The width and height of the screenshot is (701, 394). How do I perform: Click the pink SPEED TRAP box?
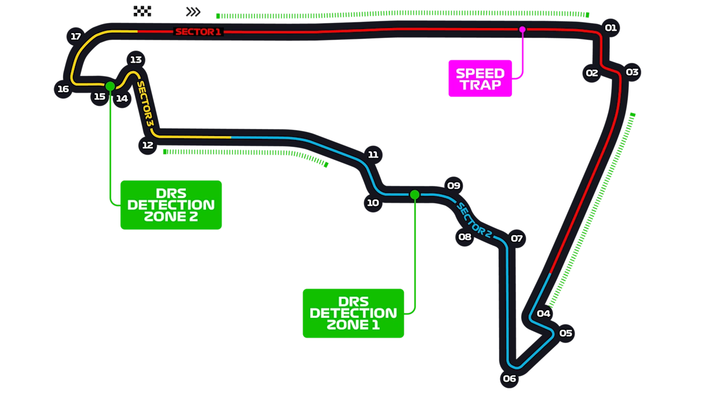480,79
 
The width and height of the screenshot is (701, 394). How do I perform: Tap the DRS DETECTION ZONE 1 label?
353,313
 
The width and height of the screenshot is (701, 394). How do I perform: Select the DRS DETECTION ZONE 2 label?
171,205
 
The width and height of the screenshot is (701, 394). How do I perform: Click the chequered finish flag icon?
141,11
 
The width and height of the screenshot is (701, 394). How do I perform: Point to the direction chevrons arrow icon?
193,11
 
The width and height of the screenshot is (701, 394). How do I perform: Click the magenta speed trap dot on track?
522,29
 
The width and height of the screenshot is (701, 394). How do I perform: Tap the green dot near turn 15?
110,86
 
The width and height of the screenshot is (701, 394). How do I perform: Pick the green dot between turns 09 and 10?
414,195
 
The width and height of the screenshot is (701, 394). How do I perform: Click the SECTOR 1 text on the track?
198,32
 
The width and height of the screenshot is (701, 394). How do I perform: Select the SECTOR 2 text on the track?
474,220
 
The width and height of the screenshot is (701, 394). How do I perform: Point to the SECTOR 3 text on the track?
145,104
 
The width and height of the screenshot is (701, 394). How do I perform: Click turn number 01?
610,27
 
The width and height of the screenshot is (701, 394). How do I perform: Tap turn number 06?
510,378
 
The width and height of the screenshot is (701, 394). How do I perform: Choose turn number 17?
76,36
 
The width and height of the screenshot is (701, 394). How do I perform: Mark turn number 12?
148,145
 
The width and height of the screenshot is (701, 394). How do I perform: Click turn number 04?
544,313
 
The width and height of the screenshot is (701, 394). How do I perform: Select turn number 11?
373,154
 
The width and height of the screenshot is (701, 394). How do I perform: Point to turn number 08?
465,237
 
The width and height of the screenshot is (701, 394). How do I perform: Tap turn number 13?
135,59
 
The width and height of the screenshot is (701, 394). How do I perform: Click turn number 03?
632,72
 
